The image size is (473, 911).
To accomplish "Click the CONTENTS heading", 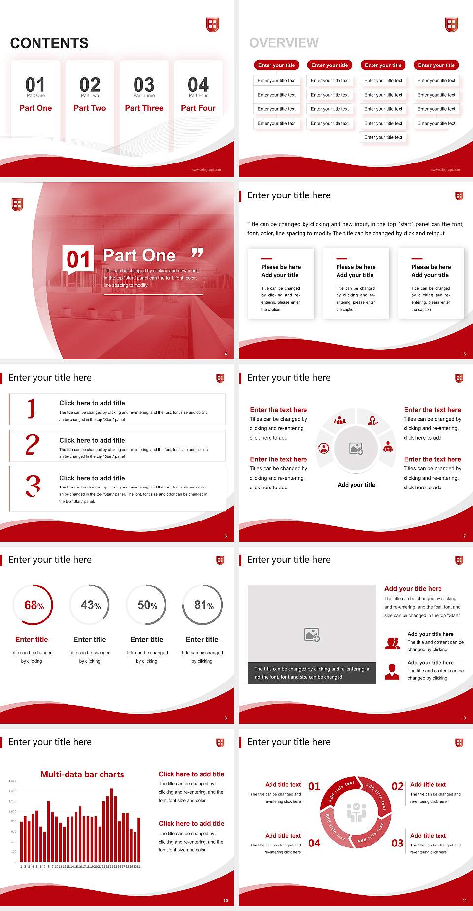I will pyautogui.click(x=49, y=43).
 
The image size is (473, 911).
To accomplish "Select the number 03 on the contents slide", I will pyautogui.click(x=144, y=85).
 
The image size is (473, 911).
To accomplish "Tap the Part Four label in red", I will pyautogui.click(x=198, y=108).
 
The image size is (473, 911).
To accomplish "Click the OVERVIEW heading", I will pyautogui.click(x=284, y=43).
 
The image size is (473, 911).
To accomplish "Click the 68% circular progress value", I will pyautogui.click(x=34, y=605).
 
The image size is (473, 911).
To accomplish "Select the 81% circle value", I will pyautogui.click(x=203, y=605).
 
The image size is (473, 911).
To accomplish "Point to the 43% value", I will pyautogui.click(x=91, y=605).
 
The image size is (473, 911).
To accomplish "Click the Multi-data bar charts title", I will pyautogui.click(x=82, y=774).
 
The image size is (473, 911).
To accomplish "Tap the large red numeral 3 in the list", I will pyautogui.click(x=33, y=486).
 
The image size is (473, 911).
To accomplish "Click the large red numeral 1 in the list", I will pyautogui.click(x=32, y=408).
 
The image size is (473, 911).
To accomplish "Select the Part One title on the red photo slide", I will pyautogui.click(x=139, y=255).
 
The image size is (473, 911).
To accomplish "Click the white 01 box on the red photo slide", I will pyautogui.click(x=78, y=259).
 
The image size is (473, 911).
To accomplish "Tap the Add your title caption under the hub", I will pyautogui.click(x=356, y=485).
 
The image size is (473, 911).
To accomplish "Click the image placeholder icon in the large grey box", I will pyautogui.click(x=312, y=635).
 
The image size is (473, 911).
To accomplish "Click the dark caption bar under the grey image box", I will pyautogui.click(x=312, y=673).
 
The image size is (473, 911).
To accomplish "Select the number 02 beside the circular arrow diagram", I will pyautogui.click(x=397, y=786).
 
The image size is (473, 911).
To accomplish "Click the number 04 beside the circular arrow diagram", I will pyautogui.click(x=314, y=843).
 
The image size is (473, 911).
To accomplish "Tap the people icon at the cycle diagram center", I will pyautogui.click(x=356, y=813).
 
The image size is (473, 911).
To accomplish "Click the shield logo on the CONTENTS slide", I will pyautogui.click(x=212, y=24).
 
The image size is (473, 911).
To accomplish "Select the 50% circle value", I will pyautogui.click(x=147, y=605).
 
